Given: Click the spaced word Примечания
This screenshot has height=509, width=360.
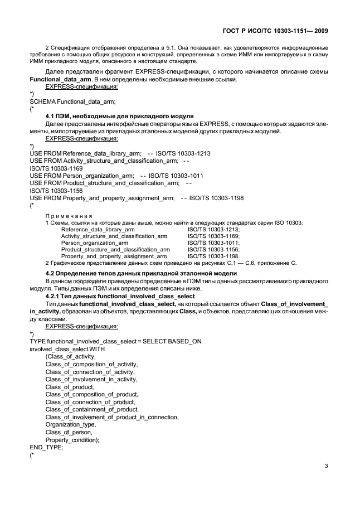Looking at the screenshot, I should (69, 215).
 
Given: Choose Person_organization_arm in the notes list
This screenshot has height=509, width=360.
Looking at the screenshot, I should (95, 243).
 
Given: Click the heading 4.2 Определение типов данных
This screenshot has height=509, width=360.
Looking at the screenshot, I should (140, 273).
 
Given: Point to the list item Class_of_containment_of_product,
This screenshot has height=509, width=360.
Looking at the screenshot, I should (91, 409).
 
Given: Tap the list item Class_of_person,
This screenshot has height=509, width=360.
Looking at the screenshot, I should (69, 432).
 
